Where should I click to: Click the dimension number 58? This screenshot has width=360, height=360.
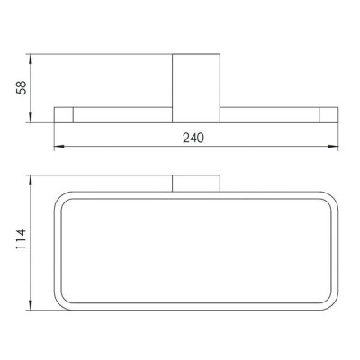point(22,87)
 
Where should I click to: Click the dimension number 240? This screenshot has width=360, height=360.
point(193,138)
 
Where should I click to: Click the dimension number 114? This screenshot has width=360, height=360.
point(22,239)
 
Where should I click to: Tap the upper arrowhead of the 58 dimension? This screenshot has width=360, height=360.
point(31,59)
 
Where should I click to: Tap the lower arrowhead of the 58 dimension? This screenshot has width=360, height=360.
point(31,117)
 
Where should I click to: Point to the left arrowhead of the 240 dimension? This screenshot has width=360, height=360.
point(59,147)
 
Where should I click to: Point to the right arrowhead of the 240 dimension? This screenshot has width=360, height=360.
point(333,147)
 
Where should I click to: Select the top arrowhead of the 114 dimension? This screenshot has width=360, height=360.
point(31,181)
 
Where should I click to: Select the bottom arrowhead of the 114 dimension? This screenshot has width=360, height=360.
point(31,304)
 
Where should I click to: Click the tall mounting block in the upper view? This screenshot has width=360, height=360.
point(196,88)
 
